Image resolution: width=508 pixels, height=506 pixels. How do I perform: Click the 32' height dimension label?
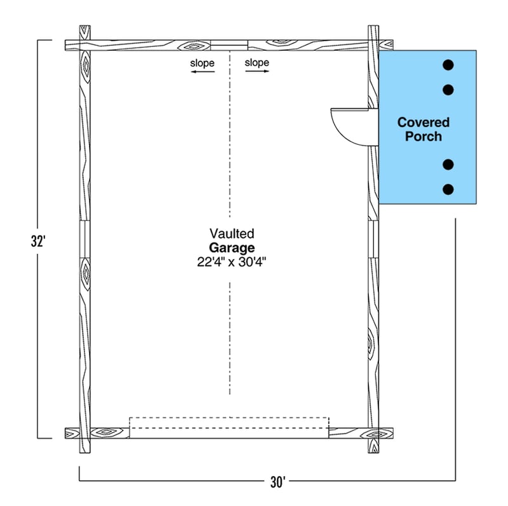(38, 241)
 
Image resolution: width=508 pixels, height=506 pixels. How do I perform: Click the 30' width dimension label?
(277, 483)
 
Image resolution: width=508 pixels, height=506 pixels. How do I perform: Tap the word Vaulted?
(232, 234)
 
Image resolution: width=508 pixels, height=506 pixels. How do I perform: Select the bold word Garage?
(232, 248)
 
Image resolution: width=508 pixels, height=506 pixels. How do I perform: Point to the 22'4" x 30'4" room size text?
(231, 262)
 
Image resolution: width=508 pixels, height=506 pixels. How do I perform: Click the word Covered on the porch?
(424, 123)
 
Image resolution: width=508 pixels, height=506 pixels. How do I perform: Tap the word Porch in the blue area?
(424, 136)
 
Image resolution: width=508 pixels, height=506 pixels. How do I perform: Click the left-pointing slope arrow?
(203, 72)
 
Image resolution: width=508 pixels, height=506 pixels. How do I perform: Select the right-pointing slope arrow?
(257, 71)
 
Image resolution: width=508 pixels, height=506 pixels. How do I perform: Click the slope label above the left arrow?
(202, 63)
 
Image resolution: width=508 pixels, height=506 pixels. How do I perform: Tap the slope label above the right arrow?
(257, 62)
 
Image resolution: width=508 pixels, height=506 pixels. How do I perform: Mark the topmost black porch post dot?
(448, 65)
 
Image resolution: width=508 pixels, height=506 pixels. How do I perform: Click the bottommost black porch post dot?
(448, 189)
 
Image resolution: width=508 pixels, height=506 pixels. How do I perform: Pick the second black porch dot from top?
(448, 90)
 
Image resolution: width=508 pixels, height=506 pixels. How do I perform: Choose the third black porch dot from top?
(448, 164)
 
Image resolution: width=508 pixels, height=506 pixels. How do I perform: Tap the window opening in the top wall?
(229, 45)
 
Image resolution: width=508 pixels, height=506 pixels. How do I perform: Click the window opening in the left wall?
(85, 239)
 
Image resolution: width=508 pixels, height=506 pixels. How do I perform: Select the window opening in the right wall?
(373, 239)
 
